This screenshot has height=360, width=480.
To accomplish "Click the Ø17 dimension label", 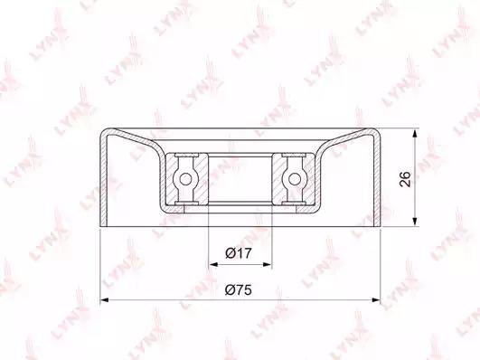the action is click(238, 253).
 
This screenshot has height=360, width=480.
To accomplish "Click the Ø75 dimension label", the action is click(238, 289).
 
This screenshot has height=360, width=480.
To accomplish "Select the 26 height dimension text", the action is click(405, 179).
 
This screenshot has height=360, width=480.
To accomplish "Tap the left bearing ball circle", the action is click(185, 178).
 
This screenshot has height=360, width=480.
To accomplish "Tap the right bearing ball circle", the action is click(295, 178).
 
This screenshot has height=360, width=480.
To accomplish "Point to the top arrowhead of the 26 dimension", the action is click(415, 134).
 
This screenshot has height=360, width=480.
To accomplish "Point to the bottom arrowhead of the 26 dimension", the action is click(415, 222).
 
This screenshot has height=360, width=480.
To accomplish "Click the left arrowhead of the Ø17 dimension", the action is click(213, 264).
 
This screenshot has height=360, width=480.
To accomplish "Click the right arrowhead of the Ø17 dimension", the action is click(267, 264).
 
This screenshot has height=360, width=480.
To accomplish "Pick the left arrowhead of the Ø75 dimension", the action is click(105, 300).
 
